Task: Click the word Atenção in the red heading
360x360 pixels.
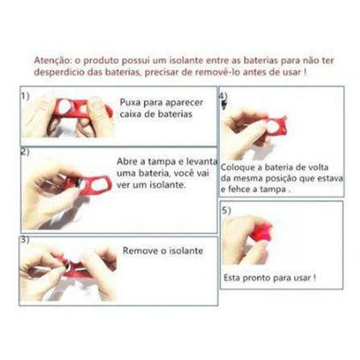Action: pyautogui.click(x=52, y=62)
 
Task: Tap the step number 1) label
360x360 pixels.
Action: pyautogui.click(x=27, y=96)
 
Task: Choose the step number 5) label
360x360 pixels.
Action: pyautogui.click(x=225, y=209)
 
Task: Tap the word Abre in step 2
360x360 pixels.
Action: pyautogui.click(x=129, y=159)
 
